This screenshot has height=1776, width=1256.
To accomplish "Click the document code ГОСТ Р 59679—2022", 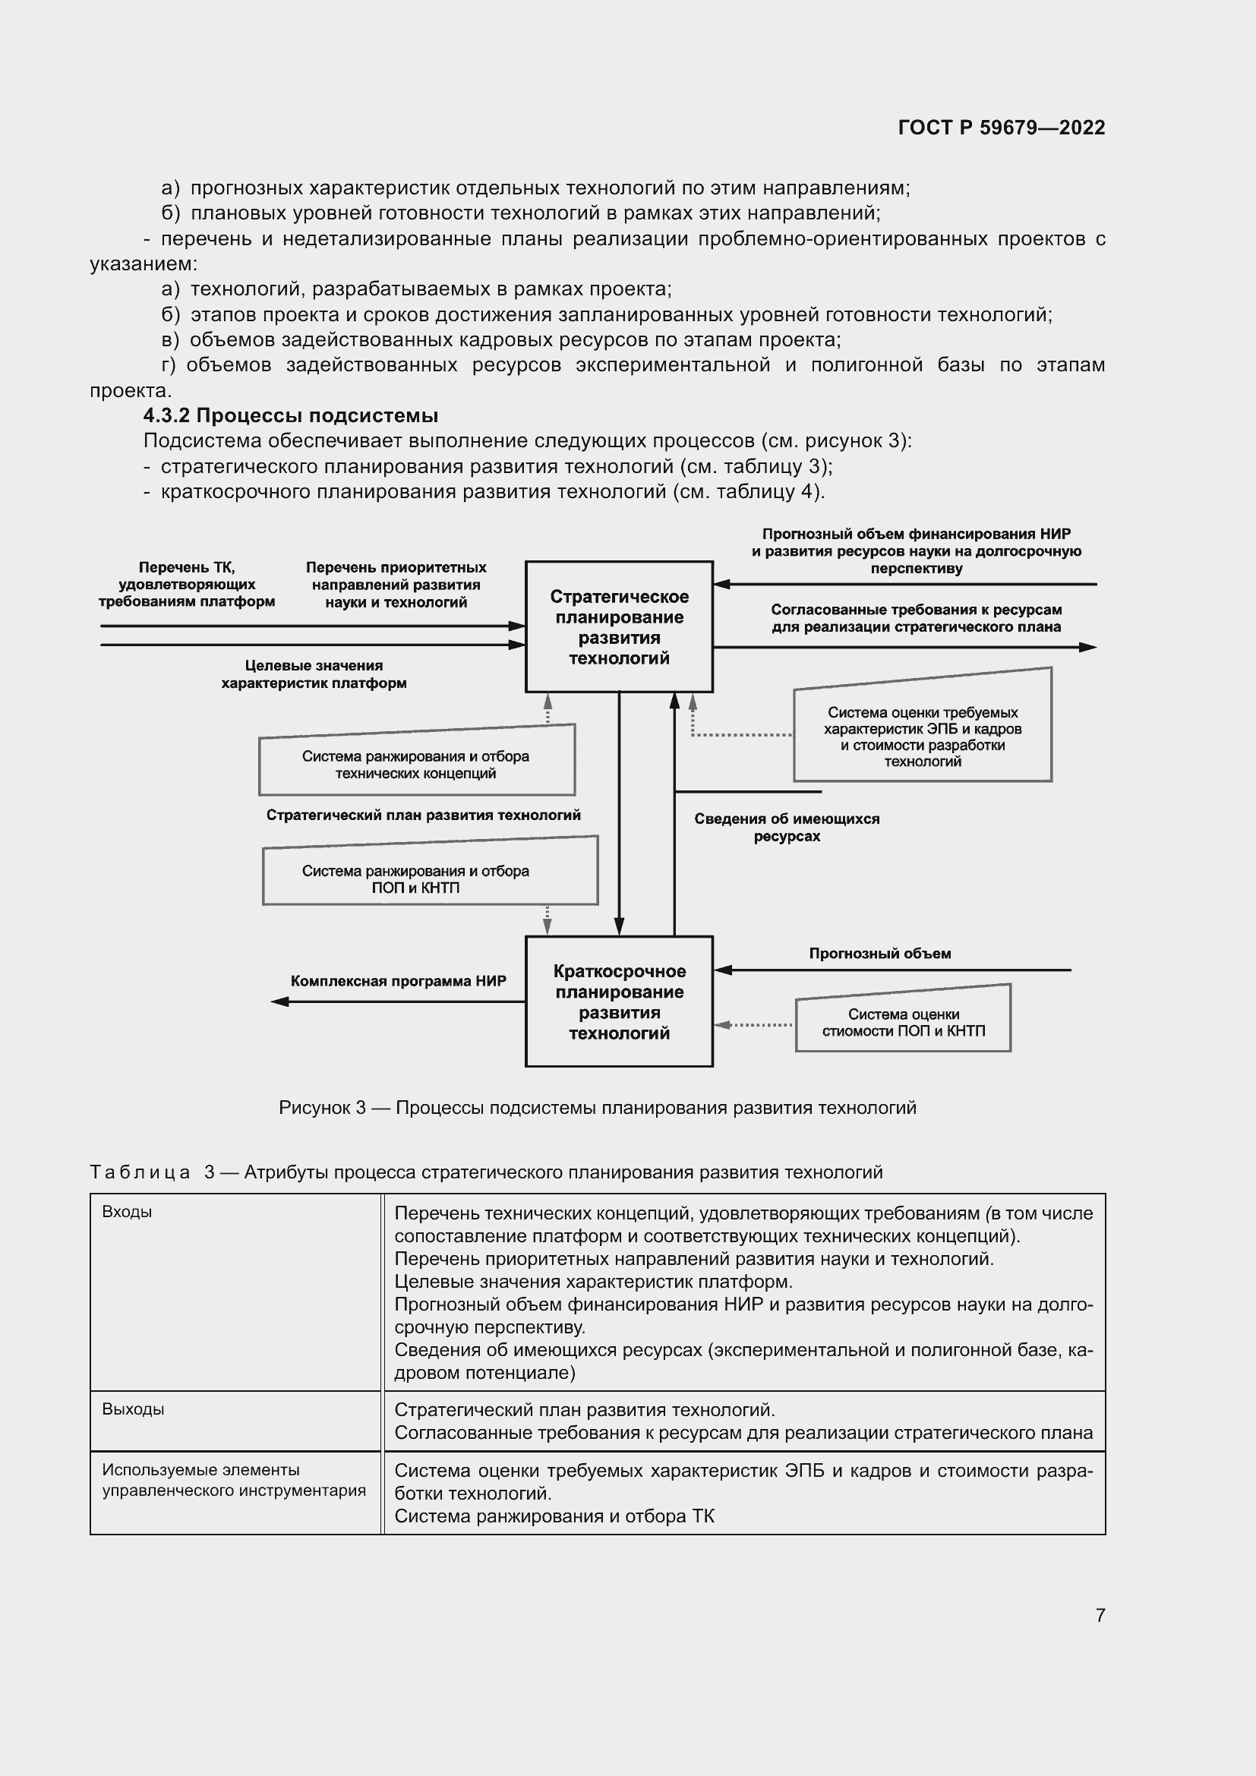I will (x=1001, y=128).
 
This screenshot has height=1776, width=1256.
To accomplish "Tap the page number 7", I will (x=1100, y=1615).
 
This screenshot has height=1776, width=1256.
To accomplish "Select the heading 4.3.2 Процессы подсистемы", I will (x=291, y=416).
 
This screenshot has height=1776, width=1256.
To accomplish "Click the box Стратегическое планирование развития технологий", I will (x=619, y=626).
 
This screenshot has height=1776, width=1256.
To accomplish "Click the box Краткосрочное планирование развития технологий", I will (x=619, y=1002).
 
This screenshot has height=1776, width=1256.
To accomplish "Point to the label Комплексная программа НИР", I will (x=399, y=981).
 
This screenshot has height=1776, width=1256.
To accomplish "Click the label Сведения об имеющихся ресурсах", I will (x=787, y=827).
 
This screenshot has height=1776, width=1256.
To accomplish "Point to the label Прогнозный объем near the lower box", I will (x=879, y=954).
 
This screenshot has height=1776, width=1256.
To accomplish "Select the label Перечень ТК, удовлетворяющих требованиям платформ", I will (x=186, y=585).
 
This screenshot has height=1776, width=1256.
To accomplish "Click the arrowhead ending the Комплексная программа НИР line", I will (x=279, y=1002).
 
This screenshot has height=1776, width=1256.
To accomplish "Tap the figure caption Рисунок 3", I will (x=597, y=1108).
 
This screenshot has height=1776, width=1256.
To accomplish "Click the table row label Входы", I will (x=127, y=1212).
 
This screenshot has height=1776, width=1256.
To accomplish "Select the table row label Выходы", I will (x=133, y=1409).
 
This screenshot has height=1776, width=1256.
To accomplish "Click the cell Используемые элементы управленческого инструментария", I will (x=234, y=1480).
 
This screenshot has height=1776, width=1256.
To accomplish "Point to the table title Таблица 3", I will (x=486, y=1172).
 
